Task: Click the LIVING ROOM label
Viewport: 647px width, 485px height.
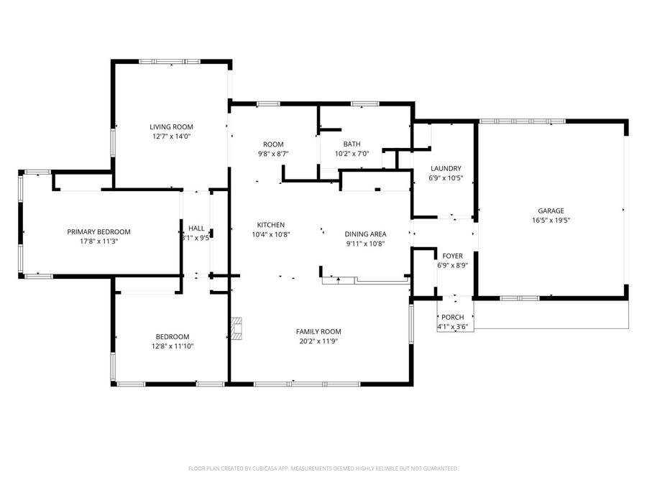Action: (x=170, y=126)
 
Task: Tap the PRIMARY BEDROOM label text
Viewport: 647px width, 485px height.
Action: (x=98, y=231)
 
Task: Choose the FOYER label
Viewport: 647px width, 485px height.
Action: (x=452, y=256)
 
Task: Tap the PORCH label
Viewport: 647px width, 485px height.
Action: (x=452, y=318)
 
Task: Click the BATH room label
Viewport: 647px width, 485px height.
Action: (x=352, y=144)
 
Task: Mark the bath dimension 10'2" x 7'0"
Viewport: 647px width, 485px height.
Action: (x=352, y=153)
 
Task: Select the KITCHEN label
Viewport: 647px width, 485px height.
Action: (x=270, y=225)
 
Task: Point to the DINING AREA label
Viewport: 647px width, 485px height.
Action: (x=365, y=234)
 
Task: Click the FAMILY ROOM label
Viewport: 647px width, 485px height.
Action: (x=318, y=331)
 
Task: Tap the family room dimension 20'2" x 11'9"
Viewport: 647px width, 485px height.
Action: (x=318, y=341)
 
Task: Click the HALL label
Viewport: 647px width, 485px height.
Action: (x=196, y=228)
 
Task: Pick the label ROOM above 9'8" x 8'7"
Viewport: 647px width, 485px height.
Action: (x=273, y=144)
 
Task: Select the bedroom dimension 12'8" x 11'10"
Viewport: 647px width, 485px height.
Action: (x=173, y=346)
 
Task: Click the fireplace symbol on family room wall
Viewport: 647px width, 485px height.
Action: (x=237, y=328)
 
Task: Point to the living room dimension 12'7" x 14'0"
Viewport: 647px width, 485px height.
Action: (x=170, y=136)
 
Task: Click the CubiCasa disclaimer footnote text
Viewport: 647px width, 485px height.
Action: (x=323, y=468)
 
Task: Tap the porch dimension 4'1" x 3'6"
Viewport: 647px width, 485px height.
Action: (x=452, y=327)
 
